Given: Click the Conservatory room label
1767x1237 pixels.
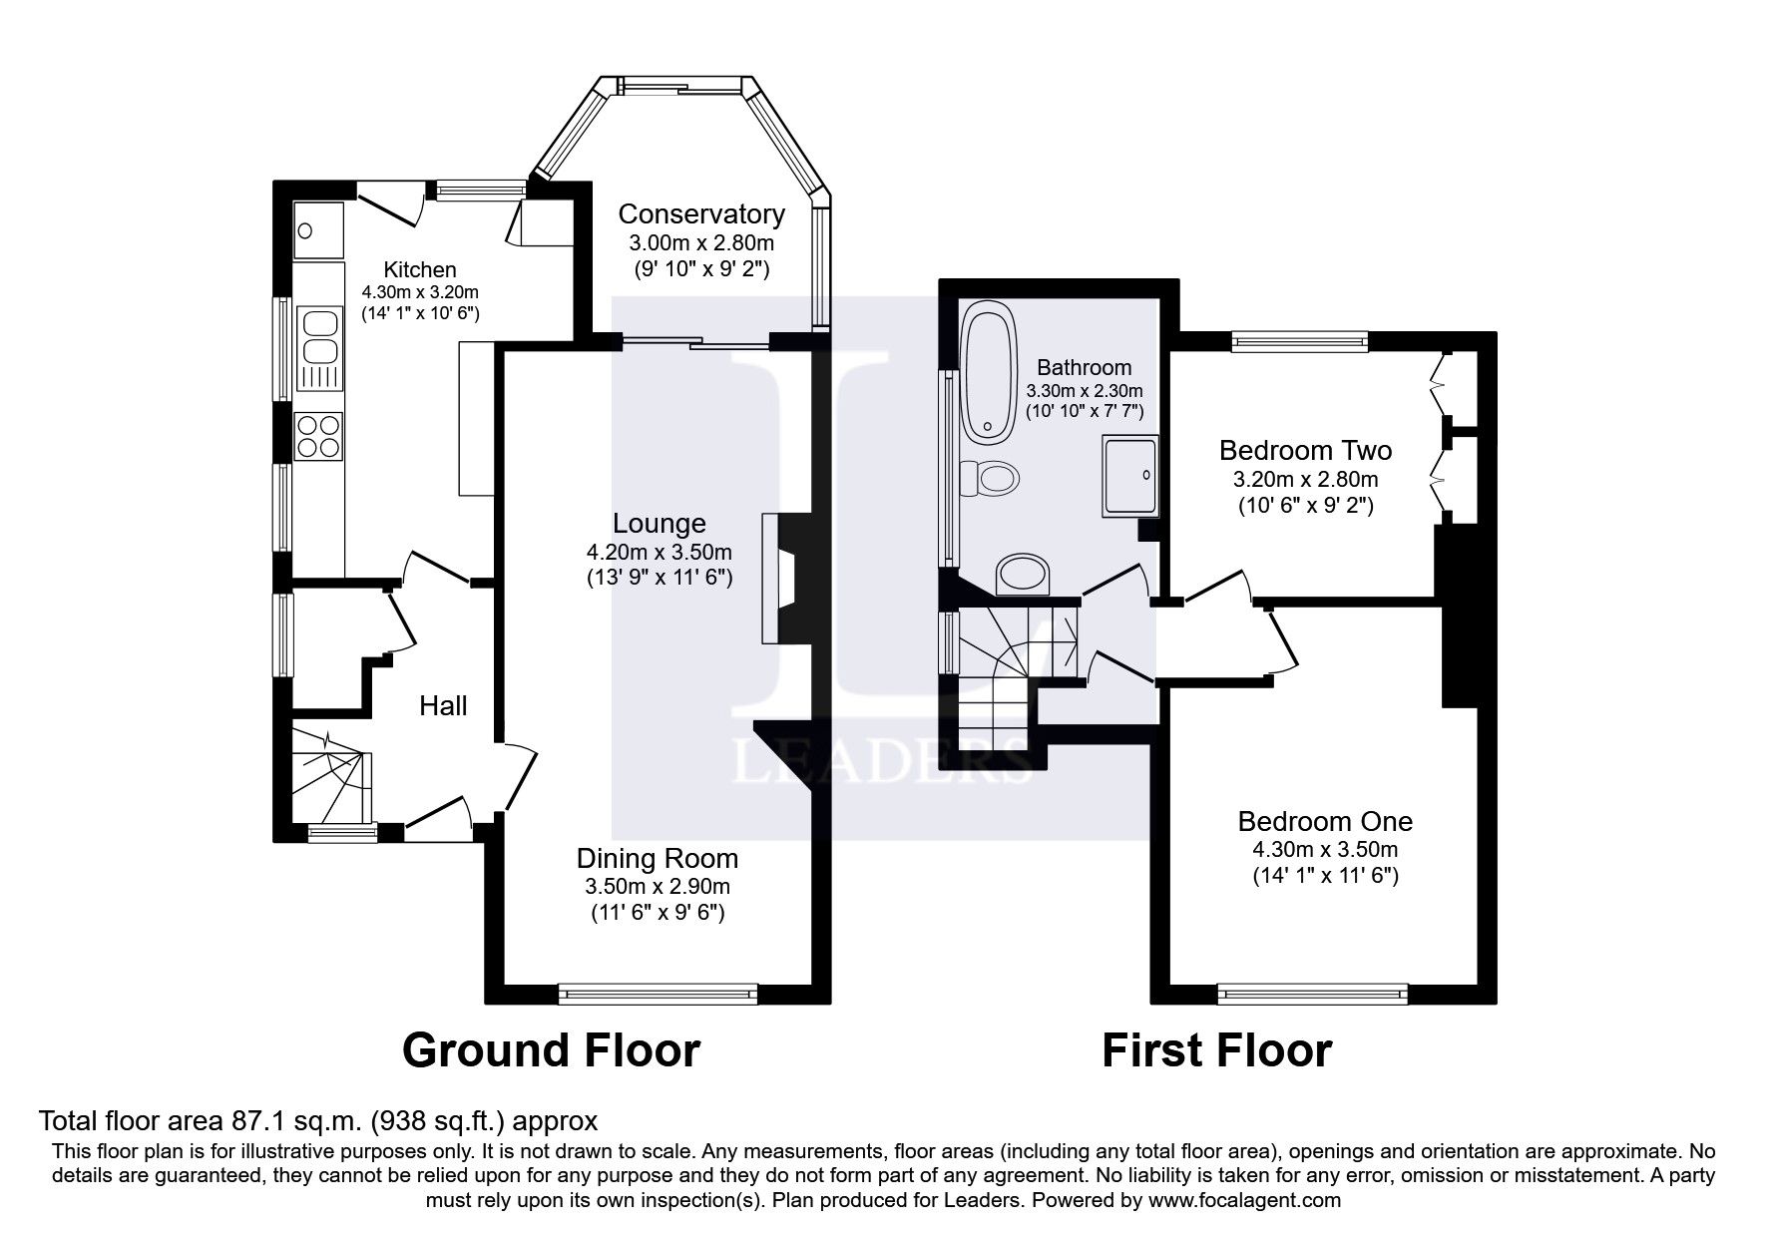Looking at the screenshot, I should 700,214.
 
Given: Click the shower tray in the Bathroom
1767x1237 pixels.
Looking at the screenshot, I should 1131,476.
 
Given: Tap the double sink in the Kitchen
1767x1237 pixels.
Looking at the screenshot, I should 319,338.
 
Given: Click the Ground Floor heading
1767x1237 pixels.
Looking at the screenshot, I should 551,1050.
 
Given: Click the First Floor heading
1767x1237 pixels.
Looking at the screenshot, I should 1216,1050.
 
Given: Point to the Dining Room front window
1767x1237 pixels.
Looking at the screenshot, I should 658,993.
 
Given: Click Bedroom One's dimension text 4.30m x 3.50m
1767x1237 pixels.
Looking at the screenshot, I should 1325,850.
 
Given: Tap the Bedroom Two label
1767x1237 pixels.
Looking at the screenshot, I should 1305,450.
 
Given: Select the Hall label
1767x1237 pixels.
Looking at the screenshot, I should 443,706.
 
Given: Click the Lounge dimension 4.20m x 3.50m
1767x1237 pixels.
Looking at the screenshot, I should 659,552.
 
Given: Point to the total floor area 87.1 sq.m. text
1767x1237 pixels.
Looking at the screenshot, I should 317,1120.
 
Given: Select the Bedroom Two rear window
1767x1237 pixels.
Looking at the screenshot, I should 1300,342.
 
